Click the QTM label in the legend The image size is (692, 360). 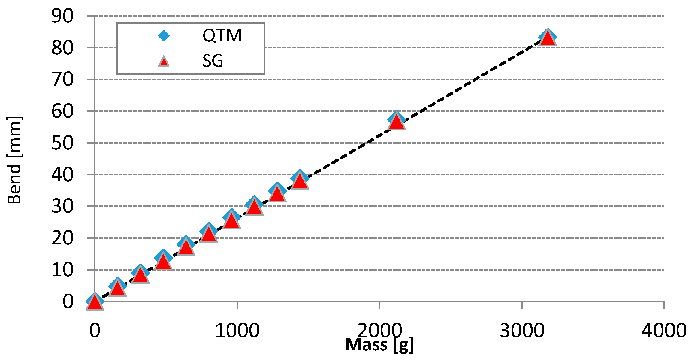pos(222,35)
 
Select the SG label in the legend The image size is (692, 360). pos(213,61)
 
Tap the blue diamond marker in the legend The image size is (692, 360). pos(164,36)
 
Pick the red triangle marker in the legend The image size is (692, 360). pos(164,61)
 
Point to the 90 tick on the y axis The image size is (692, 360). pos(62,16)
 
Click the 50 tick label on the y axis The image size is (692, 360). pos(62,143)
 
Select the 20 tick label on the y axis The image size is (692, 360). pos(62,238)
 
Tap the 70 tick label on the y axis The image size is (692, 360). pos(62,80)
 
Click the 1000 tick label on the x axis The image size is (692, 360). pos(237,330)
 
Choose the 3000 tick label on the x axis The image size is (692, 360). pos(522,330)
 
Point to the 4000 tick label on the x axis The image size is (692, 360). pos(664,330)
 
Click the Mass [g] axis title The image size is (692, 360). pos(379,344)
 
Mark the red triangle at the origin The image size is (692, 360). pos(95,302)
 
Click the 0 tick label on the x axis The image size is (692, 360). pos(95,330)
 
